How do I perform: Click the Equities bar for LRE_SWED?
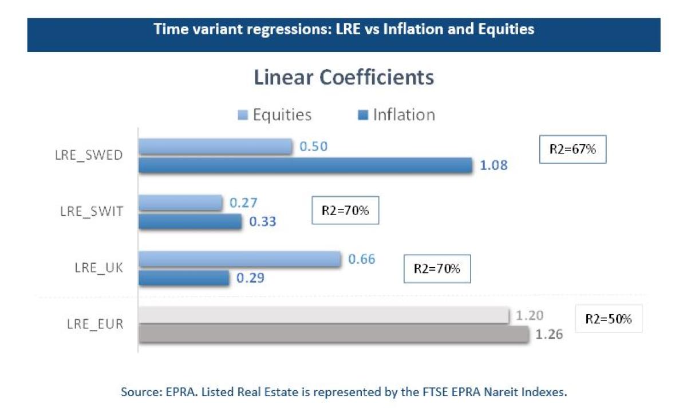[x=216, y=146]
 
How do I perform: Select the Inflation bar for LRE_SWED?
[x=306, y=165]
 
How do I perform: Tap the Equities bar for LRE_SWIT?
[x=180, y=203]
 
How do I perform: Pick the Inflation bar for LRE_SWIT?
[x=190, y=221]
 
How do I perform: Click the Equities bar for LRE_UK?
[x=240, y=259]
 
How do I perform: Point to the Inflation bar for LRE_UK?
[x=184, y=278]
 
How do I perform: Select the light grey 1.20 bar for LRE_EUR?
[x=324, y=315]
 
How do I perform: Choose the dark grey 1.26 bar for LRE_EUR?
[x=333, y=334]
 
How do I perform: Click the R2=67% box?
[x=572, y=150]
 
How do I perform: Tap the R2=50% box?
[x=608, y=319]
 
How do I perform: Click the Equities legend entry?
[x=275, y=114]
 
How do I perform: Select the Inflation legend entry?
[x=397, y=114]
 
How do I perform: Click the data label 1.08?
[x=493, y=166]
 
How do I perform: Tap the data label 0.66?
[x=361, y=259]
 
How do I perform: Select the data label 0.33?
[x=262, y=221]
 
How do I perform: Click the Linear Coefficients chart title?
[x=343, y=77]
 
